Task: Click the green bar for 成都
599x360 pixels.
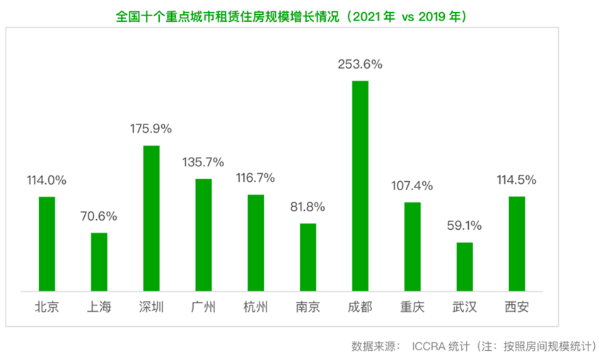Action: pyautogui.click(x=360, y=186)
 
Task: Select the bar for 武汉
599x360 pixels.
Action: pyautogui.click(x=465, y=267)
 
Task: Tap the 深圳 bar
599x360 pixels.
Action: pyautogui.click(x=151, y=219)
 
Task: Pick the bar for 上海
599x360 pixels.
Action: pyautogui.click(x=99, y=262)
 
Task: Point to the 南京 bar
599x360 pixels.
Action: pyautogui.click(x=308, y=257)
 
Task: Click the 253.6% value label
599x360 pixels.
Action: pyautogui.click(x=360, y=64)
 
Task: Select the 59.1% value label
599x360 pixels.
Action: pyautogui.click(x=464, y=226)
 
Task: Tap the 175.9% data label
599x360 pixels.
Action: pyautogui.click(x=151, y=129)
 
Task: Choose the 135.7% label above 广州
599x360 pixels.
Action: pyautogui.click(x=203, y=162)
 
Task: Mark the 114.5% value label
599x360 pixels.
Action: pyautogui.click(x=516, y=180)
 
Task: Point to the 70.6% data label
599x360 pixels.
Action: pyautogui.click(x=98, y=216)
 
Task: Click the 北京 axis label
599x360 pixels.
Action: pyautogui.click(x=47, y=307)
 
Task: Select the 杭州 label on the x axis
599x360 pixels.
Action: pyautogui.click(x=255, y=307)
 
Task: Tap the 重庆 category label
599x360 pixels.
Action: pyautogui.click(x=412, y=307)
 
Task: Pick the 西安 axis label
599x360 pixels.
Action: pyautogui.click(x=516, y=307)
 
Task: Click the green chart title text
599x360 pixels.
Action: pyautogui.click(x=291, y=16)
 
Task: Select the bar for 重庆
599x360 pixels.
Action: pyautogui.click(x=412, y=247)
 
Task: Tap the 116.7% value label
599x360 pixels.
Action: pyautogui.click(x=255, y=178)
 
